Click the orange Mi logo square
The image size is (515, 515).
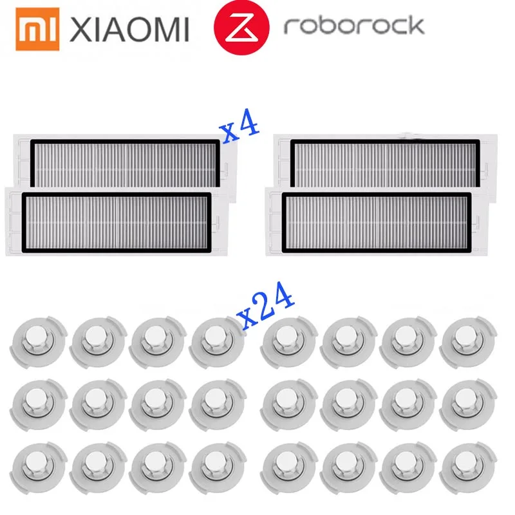click(37, 29)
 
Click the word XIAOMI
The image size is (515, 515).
click(129, 30)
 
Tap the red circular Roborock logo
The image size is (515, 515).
click(241, 27)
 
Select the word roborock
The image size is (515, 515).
click(354, 26)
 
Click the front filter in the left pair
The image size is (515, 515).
click(117, 223)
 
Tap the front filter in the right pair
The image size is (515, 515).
click(377, 223)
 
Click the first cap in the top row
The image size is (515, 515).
click(39, 342)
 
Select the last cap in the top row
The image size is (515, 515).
click(469, 342)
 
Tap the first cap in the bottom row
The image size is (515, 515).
click(39, 468)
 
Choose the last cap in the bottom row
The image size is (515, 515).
click(469, 468)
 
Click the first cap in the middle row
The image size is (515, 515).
click(39, 405)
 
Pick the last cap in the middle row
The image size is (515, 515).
click(469, 405)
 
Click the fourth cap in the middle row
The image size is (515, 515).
click(218, 405)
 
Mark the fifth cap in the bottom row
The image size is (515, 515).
click(289, 468)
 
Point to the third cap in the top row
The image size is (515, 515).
click(158, 342)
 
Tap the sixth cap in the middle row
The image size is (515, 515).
click(349, 405)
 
